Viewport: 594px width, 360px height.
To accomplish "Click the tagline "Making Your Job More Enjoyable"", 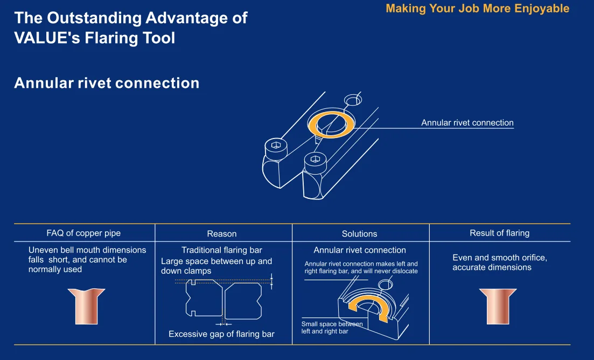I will coord(477,9).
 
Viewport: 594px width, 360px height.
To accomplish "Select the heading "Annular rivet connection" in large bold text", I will coord(107,83).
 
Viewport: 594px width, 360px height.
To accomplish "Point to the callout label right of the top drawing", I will coord(467,123).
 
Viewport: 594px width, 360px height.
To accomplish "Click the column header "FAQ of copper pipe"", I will coord(83,233).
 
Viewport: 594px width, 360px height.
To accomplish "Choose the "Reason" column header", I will coord(221,234).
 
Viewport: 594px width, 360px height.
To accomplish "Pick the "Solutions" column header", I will coord(359,234).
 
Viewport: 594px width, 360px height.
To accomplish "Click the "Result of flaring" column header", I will coord(499,233).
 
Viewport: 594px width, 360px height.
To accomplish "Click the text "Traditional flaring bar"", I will coord(221,250).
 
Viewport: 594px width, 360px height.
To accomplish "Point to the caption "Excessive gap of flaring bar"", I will coord(221,334).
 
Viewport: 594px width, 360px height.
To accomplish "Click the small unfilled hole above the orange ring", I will coord(353,100).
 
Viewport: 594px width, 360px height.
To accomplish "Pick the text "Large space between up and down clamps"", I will coord(216,266).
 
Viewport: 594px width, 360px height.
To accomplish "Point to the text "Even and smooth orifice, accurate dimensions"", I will coord(499,262).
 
